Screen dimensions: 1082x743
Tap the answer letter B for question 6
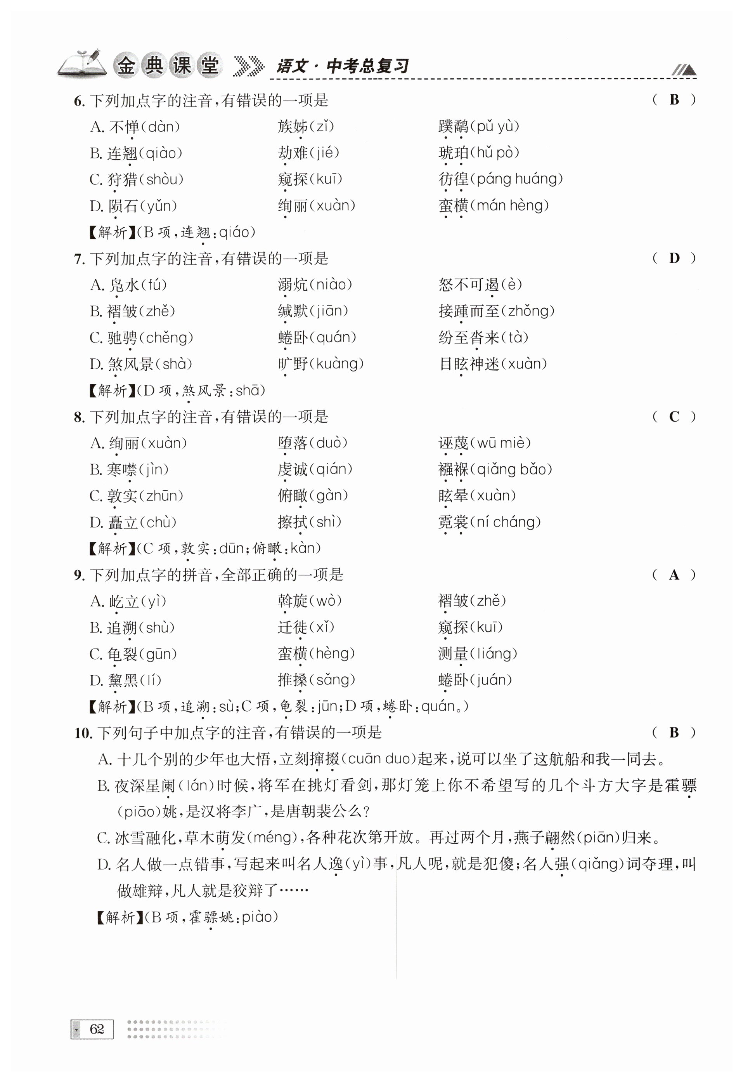pos(674,100)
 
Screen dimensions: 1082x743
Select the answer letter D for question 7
pos(674,258)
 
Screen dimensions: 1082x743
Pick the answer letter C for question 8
pos(674,417)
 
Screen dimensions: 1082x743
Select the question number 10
pos(83,733)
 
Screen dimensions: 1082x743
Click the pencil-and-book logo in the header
pos(81,63)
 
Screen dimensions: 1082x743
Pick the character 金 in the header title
pos(125,65)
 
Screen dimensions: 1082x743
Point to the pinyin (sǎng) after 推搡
pos(332,680)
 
